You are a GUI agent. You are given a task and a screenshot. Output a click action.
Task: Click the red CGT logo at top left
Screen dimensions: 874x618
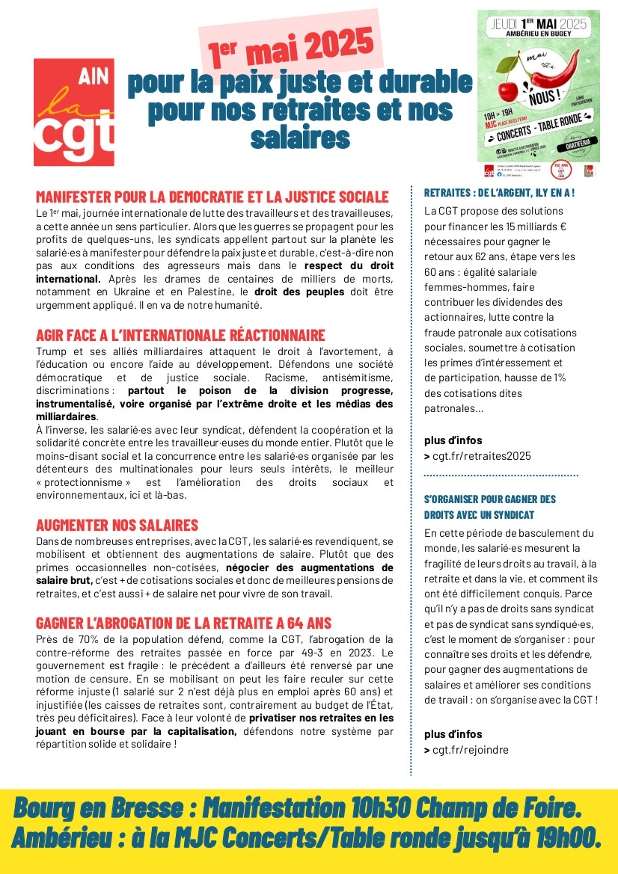(x=74, y=112)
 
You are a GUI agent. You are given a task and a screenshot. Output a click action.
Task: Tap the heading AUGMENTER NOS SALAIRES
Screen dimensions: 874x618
(x=117, y=525)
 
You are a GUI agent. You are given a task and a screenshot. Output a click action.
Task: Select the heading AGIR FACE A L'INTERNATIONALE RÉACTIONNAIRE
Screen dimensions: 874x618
(x=180, y=335)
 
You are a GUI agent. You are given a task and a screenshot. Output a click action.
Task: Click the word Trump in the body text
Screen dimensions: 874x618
(x=52, y=351)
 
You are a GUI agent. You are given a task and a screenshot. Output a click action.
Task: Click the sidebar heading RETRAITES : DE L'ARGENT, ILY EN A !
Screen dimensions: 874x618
(x=499, y=193)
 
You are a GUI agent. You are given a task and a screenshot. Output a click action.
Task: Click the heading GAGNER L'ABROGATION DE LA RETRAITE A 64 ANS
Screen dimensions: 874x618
(x=183, y=623)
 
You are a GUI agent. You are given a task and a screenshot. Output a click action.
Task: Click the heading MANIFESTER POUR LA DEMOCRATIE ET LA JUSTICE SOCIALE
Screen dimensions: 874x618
(x=212, y=197)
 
